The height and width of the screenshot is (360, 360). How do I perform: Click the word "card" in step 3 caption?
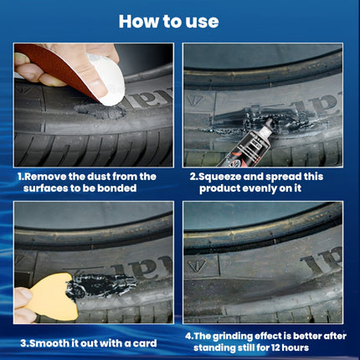pyautogui.click(x=145, y=343)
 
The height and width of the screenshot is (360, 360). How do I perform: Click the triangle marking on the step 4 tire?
pyautogui.click(x=197, y=265)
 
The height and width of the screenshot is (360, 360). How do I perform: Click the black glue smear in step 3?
pyautogui.click(x=101, y=285)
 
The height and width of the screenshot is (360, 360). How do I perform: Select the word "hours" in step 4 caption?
pyautogui.click(x=296, y=347)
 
